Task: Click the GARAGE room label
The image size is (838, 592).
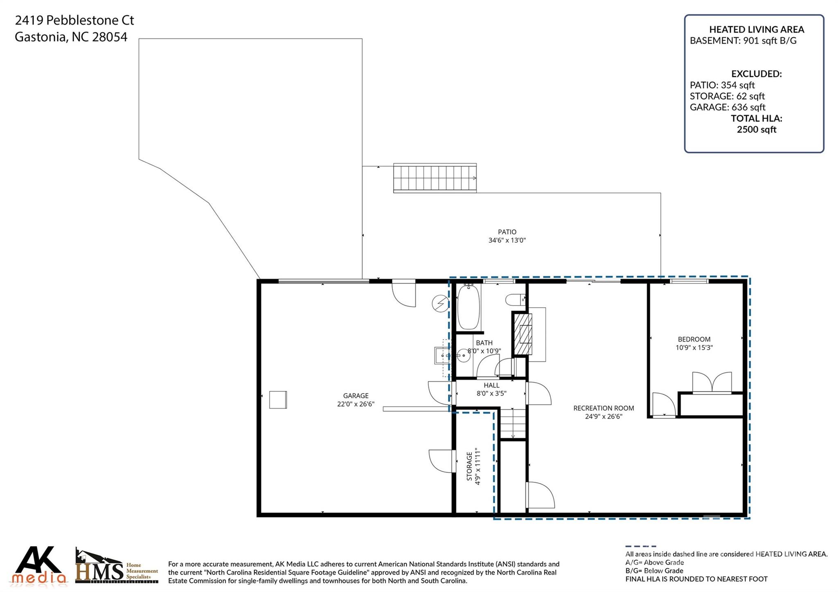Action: pos(356,396)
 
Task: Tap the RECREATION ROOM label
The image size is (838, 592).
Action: pos(604,408)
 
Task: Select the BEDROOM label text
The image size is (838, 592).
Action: pos(694,339)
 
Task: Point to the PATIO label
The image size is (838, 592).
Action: pos(507,232)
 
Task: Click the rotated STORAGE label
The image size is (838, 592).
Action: pos(469,466)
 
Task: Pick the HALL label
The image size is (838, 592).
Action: pos(491,385)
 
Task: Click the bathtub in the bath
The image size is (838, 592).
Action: pos(469,306)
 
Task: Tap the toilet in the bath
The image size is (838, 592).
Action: pos(515,300)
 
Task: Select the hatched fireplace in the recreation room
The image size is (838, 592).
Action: pos(523,334)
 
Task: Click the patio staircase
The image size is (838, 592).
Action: pos(435,178)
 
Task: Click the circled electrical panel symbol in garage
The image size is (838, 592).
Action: pos(441,304)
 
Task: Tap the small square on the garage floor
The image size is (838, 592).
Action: pos(278,400)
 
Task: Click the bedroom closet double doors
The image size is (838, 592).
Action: pos(712,383)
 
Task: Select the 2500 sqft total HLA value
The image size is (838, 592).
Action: pos(757,130)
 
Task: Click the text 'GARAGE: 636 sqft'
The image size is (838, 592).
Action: pos(728,107)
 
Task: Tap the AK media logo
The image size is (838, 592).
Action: pos(38,565)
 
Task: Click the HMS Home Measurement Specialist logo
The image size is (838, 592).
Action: pos(117,566)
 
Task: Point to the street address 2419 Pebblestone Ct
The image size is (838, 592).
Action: pos(74,20)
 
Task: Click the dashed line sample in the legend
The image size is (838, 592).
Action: pos(641,546)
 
